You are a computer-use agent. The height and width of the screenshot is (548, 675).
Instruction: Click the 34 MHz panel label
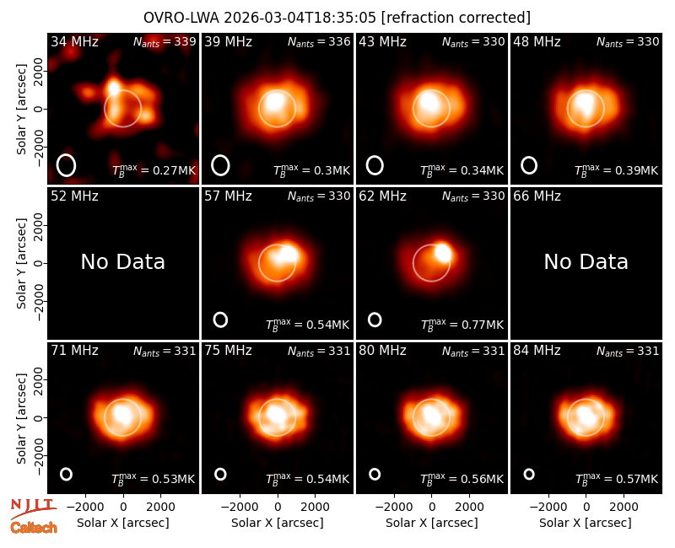pyautogui.click(x=74, y=41)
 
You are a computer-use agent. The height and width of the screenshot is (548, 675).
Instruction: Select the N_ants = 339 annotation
pyautogui.click(x=165, y=41)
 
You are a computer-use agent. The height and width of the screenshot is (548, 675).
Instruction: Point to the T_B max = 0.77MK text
pyautogui.click(x=462, y=325)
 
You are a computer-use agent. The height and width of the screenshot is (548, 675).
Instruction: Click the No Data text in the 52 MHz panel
pyautogui.click(x=122, y=261)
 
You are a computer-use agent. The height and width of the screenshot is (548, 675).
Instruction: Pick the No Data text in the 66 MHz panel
pyautogui.click(x=586, y=261)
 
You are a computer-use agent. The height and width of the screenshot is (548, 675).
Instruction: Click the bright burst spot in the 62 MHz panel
pyautogui.click(x=443, y=252)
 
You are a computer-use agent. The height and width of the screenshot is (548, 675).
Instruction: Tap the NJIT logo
pyautogui.click(x=33, y=508)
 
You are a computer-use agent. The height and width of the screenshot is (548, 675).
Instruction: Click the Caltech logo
pyautogui.click(x=34, y=528)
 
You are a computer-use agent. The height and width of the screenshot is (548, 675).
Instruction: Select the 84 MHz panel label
pyautogui.click(x=537, y=351)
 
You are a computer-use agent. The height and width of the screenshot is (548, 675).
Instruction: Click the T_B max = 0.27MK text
pyautogui.click(x=154, y=170)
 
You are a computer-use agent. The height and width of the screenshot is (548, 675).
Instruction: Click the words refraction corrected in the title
pyautogui.click(x=456, y=18)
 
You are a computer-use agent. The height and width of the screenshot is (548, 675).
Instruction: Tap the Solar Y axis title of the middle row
pyautogui.click(x=21, y=263)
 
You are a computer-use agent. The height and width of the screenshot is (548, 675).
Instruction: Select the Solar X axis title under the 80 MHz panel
pyautogui.click(x=431, y=523)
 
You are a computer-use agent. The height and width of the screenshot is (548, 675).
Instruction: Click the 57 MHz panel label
pyautogui.click(x=228, y=196)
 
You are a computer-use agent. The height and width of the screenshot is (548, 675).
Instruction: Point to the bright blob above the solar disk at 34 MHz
pyautogui.click(x=114, y=87)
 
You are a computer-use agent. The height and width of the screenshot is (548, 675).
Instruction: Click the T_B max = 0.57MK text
pyautogui.click(x=617, y=478)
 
